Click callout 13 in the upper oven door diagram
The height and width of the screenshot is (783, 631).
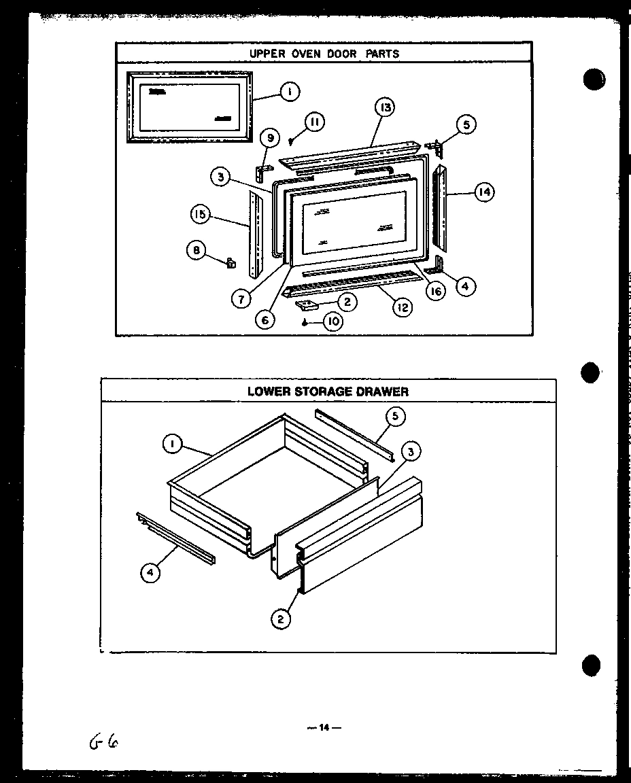pos(384,107)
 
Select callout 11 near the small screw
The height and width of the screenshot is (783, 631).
pos(313,122)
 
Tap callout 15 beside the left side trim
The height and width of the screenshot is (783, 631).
pos(200,215)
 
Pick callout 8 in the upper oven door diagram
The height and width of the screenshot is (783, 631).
pos(196,250)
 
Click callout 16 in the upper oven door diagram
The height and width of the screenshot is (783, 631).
pos(435,292)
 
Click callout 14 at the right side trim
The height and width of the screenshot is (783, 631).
pos(483,192)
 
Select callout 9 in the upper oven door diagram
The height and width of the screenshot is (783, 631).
pos(269,139)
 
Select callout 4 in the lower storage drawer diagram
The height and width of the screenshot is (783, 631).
pos(151,574)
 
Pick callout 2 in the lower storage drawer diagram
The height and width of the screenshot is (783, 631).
pos(280,619)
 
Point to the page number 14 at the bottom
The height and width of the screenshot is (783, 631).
pos(324,727)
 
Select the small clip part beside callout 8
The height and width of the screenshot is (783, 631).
pos(230,261)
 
